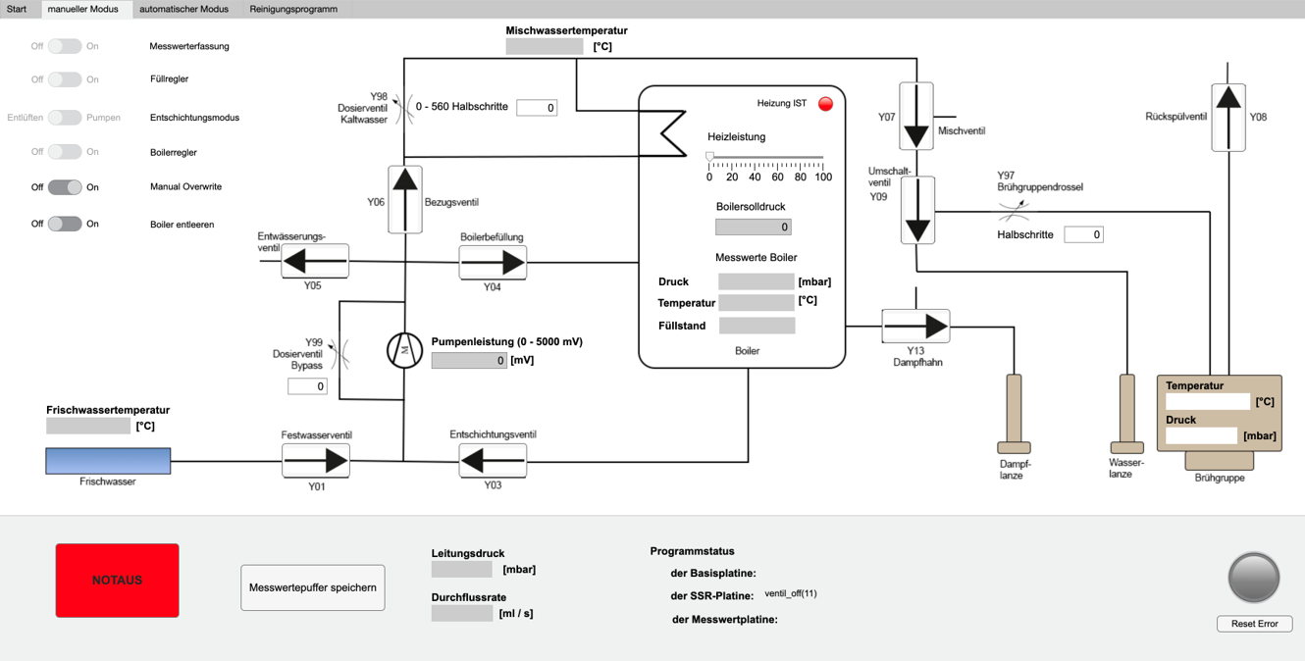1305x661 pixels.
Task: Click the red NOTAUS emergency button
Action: point(117,581)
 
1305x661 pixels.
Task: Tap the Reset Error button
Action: point(1254,624)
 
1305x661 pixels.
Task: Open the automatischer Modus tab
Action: point(183,9)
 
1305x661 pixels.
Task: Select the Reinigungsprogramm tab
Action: point(293,9)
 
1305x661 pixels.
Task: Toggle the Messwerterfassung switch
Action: point(65,46)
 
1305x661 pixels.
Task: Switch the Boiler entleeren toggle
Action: point(65,224)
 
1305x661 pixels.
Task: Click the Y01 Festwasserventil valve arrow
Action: point(316,460)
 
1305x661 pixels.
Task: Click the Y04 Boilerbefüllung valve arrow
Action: point(493,263)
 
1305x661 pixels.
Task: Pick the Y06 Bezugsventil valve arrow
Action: point(405,199)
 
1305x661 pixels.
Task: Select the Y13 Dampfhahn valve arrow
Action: point(915,326)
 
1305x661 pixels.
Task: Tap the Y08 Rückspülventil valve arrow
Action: point(1228,117)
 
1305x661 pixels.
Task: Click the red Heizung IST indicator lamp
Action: point(825,104)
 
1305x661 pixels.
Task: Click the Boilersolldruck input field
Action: point(753,227)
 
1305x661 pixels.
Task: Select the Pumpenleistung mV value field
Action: point(469,360)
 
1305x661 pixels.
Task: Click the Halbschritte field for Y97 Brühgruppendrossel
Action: point(1083,234)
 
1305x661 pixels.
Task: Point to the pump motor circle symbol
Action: point(404,350)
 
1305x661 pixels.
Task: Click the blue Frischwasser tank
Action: point(108,461)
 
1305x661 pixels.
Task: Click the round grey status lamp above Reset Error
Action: point(1254,578)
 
